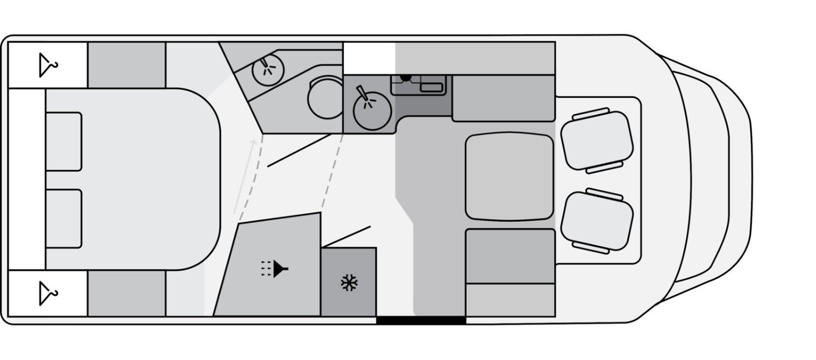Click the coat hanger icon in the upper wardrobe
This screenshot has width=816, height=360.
point(48,65)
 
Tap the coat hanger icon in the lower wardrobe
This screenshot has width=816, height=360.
point(48,294)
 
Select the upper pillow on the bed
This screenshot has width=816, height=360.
point(64,141)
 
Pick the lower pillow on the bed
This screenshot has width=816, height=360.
point(64,218)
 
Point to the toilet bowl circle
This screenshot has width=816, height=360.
point(325,98)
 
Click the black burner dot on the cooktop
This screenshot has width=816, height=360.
point(405,77)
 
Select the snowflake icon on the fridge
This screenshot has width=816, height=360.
point(348,282)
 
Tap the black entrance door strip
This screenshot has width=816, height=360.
point(421,320)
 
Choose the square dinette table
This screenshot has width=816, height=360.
point(509,176)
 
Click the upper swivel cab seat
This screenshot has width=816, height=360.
point(597,140)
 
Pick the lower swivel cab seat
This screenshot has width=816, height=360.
point(597,221)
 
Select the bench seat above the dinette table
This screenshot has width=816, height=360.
point(503,98)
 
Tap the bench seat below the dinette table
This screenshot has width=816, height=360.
point(510,256)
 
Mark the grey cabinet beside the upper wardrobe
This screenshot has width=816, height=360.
point(127,65)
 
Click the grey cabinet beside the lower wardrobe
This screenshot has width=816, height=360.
point(127,294)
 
